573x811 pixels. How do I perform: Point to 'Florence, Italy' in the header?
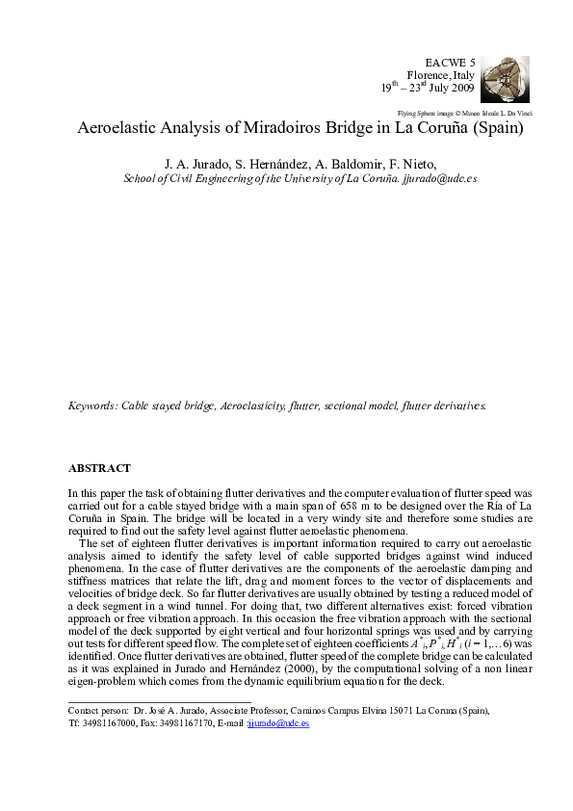(x=441, y=74)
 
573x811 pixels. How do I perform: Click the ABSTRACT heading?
(x=99, y=468)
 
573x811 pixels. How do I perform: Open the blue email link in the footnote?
(x=278, y=722)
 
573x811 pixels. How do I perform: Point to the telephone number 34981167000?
(x=108, y=722)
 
